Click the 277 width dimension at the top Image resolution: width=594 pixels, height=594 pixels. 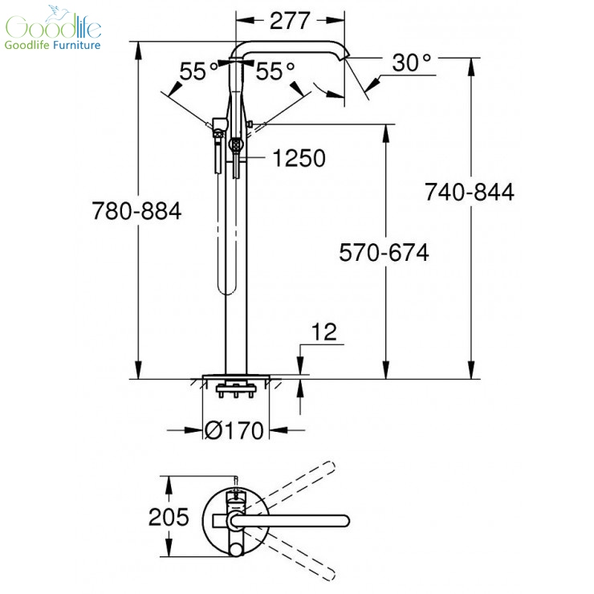tap(290, 20)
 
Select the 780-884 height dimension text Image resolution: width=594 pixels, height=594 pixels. tap(136, 211)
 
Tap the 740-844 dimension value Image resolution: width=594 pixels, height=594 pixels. tap(469, 192)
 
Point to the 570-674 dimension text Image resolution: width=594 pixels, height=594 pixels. tap(384, 252)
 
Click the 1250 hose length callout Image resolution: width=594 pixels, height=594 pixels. tap(299, 158)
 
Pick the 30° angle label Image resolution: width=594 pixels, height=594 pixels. tap(412, 63)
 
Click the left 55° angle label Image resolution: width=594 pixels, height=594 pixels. tap(199, 71)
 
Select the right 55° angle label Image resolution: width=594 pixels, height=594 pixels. tap(275, 71)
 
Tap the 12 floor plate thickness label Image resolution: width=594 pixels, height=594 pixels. tap(324, 332)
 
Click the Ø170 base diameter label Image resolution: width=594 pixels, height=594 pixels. tap(234, 430)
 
